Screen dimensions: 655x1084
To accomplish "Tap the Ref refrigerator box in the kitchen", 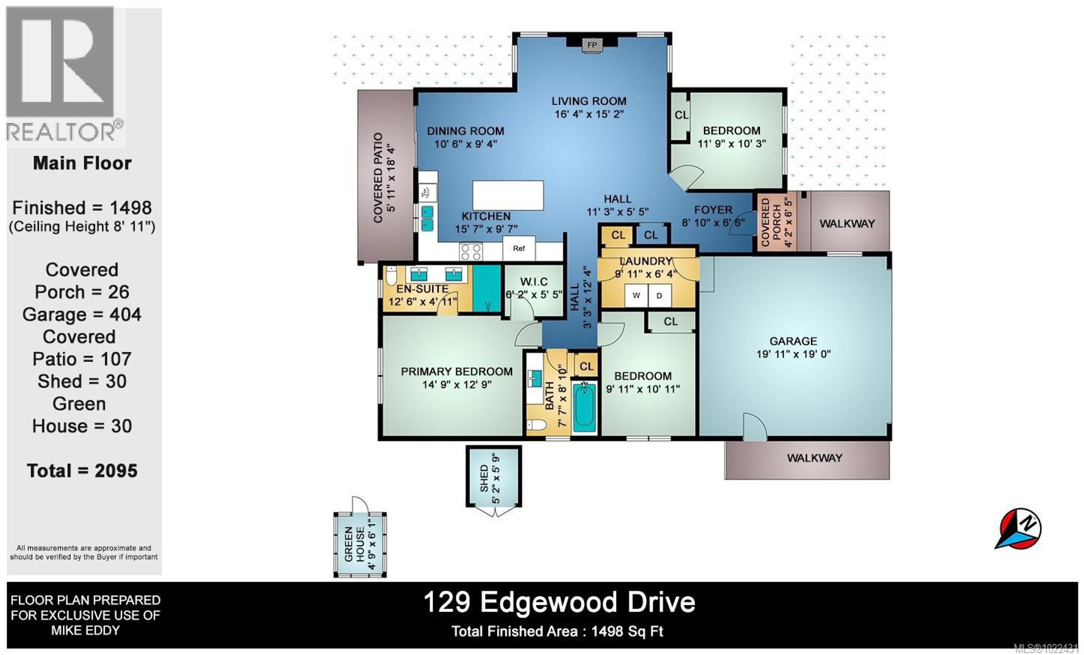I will point(519,248).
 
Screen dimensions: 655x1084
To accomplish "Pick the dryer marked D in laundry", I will point(659,296).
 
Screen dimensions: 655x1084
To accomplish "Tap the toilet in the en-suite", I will point(391,276).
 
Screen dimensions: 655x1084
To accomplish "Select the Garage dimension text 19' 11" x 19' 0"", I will point(793,354).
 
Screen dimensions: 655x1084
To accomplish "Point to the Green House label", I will point(355,544).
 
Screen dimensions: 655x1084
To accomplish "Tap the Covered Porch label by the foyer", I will point(771,222).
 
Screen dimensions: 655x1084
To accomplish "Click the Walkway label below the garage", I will point(814,458).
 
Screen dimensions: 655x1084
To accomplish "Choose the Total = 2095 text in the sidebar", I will point(82,471).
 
